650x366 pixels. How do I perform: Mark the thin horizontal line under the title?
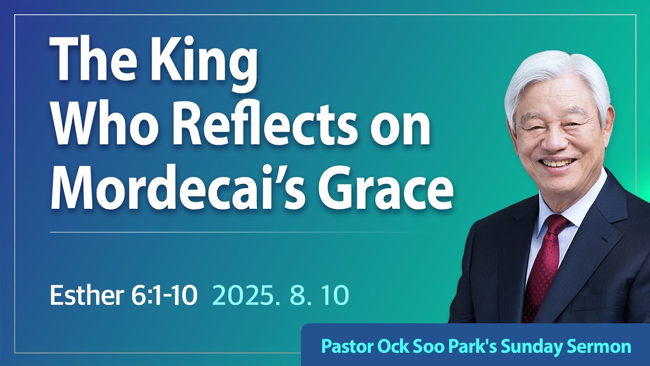click(x=249, y=232)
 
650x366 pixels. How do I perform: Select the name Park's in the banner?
click(x=483, y=347)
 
